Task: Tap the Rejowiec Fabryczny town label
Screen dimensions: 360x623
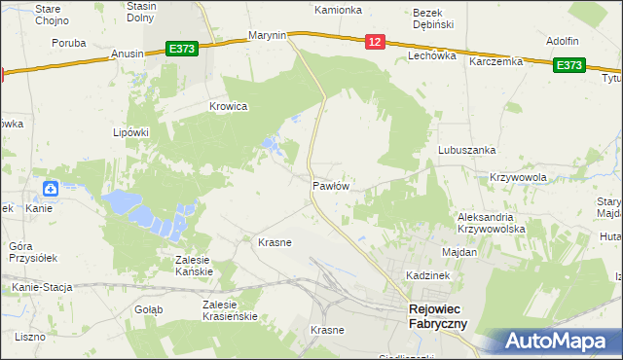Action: pos(436,317)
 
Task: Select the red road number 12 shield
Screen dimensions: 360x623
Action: pos(376,41)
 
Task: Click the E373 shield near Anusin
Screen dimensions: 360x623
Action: pos(182,48)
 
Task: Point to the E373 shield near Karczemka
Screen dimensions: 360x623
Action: pos(568,65)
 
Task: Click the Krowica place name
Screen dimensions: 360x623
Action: pos(229,106)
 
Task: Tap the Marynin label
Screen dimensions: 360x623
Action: pos(267,35)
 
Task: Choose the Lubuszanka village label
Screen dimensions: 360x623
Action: pos(467,151)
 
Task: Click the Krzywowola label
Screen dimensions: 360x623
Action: pos(518,177)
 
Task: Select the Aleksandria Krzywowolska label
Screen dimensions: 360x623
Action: pos(492,223)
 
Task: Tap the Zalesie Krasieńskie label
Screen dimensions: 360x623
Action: pos(229,310)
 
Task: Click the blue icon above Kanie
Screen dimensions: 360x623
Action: pos(49,189)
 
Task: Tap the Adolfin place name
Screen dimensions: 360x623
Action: pos(562,41)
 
